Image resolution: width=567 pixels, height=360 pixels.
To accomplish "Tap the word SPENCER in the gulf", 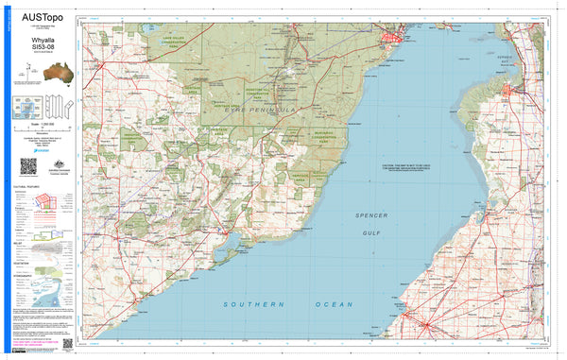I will [370, 215].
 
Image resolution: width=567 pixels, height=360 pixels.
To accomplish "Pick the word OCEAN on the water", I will [335, 304].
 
